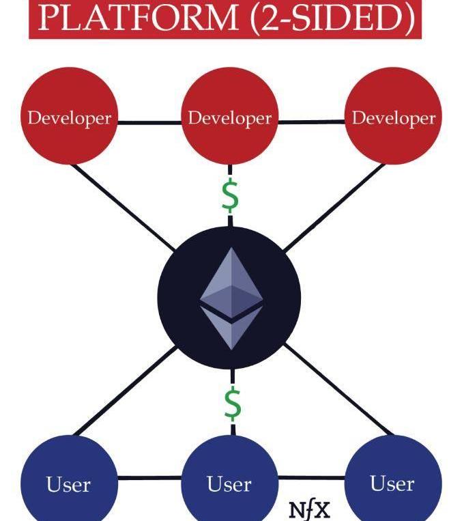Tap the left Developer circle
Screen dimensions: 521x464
(69, 117)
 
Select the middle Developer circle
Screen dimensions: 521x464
(230, 117)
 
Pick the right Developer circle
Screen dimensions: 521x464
(393, 117)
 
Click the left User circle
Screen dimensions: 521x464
(68, 483)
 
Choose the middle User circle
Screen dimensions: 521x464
(229, 483)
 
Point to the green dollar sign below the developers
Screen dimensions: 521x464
(231, 196)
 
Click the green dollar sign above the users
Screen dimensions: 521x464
(233, 404)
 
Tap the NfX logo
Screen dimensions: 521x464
(310, 509)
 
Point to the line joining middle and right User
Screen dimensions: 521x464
(311, 477)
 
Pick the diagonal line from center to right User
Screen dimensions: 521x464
(338, 389)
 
